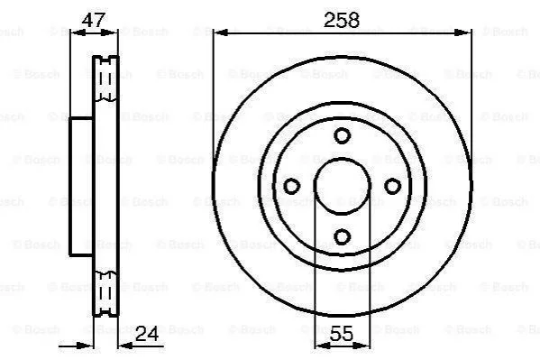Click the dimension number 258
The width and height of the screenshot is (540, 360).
342,20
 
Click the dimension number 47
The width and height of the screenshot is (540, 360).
93,20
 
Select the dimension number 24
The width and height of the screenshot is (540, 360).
147,334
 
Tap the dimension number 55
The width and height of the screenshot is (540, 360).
342,334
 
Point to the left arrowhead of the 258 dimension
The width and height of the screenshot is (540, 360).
221,32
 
